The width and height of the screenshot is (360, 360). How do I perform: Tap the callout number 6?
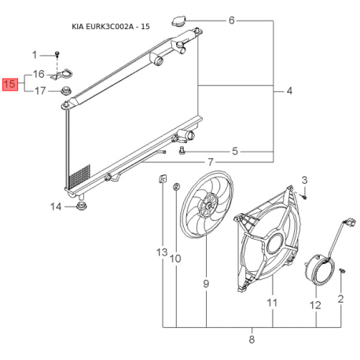pyautogui.click(x=231, y=20)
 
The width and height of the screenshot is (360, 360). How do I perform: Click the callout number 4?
pyautogui.click(x=288, y=92)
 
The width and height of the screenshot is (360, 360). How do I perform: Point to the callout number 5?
pyautogui.click(x=234, y=151)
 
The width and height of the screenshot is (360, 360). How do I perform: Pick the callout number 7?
pyautogui.click(x=210, y=162)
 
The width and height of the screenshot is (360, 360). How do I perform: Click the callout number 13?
pyautogui.click(x=162, y=252)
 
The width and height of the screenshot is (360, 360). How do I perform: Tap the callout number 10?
pyautogui.click(x=175, y=258)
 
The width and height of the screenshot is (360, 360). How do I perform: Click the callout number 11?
pyautogui.click(x=273, y=302)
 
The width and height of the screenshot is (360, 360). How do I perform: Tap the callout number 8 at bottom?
pyautogui.click(x=252, y=340)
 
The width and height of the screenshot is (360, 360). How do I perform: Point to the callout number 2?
pyautogui.click(x=341, y=299)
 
